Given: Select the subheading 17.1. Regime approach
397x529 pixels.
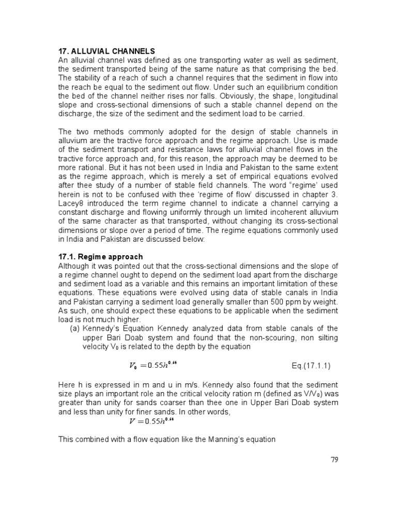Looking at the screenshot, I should [x=100, y=257].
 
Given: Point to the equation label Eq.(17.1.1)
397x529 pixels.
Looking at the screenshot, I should [x=311, y=366].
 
